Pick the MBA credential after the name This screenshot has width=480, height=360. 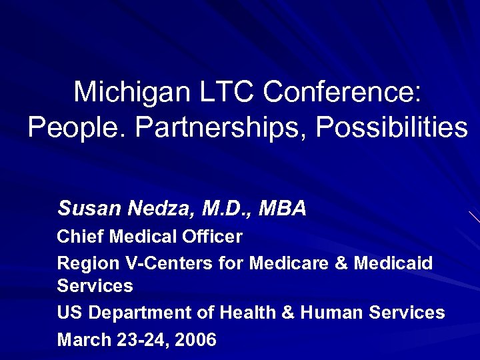(x=281, y=209)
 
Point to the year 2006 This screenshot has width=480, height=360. (x=197, y=340)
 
